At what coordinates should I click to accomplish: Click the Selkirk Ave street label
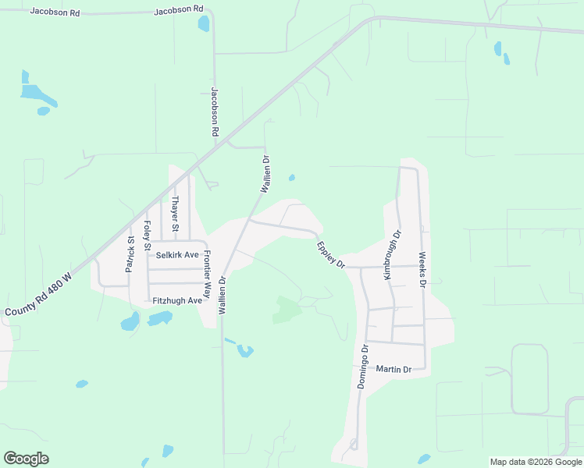(x=177, y=255)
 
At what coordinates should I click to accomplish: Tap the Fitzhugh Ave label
(x=177, y=300)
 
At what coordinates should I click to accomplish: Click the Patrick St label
(x=130, y=254)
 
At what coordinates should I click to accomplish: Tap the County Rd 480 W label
(x=37, y=294)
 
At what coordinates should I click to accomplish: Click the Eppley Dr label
(x=331, y=255)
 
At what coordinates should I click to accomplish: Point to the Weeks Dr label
(x=422, y=270)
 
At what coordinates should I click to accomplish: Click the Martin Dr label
(x=393, y=369)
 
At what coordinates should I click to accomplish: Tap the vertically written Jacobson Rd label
(x=214, y=112)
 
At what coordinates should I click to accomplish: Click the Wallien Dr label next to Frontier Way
(x=223, y=295)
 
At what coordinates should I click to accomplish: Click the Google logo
(x=26, y=459)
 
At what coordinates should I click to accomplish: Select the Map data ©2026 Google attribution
(x=536, y=462)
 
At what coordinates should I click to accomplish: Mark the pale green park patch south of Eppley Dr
(x=286, y=310)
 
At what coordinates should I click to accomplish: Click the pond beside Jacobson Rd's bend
(x=204, y=23)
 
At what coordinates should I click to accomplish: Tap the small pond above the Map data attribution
(x=424, y=459)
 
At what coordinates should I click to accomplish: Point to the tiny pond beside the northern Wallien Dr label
(x=291, y=178)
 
